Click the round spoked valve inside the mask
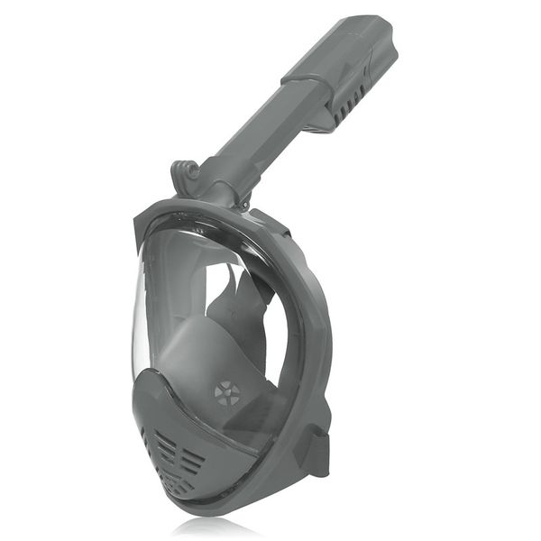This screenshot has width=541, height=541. pos(227,393)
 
